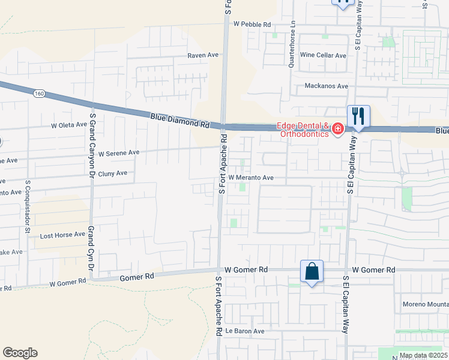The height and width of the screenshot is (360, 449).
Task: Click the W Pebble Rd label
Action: pos(252,24)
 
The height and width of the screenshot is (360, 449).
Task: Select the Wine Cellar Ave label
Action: pos(324,55)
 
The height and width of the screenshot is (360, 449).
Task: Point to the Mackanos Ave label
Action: pos(326,86)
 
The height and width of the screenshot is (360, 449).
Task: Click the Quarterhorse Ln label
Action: pos(292,46)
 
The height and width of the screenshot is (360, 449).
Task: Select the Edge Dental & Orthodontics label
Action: pos(303,130)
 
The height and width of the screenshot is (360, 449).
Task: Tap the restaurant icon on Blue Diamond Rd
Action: pos(358,115)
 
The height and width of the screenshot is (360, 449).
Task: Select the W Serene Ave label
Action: pos(119,153)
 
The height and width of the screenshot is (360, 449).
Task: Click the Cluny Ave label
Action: pos(113,173)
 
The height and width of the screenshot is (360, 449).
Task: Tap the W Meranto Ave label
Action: pos(250,178)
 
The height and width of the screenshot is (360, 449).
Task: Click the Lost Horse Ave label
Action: pos(62,235)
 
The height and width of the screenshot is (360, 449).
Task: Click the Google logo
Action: pos(20,353)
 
